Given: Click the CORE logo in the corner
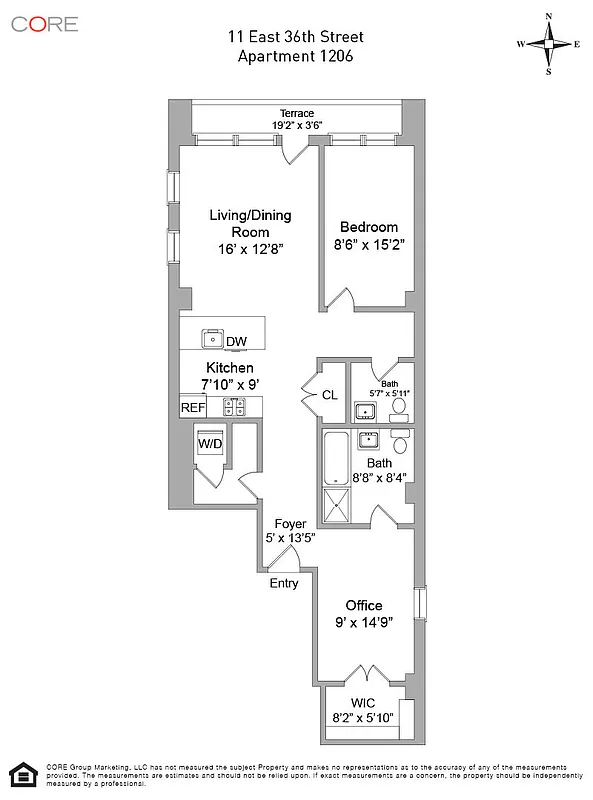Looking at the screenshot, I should [44, 23].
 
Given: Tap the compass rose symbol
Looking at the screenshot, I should [549, 44].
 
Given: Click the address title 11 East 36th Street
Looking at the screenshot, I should [296, 37].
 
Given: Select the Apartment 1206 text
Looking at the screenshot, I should [296, 56].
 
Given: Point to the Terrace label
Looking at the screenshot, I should [296, 113].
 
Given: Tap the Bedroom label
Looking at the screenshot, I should [368, 227].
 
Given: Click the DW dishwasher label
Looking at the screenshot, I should [236, 342].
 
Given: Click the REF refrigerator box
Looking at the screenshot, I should [192, 407].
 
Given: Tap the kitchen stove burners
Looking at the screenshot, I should [234, 406].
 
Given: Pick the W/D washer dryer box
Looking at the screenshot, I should [210, 442].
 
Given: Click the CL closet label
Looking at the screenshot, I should [329, 395].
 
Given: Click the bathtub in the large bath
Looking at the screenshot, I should [336, 461].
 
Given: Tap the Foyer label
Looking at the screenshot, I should [290, 524].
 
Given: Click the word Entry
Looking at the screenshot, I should [284, 583].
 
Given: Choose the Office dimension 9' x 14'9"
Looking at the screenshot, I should [364, 622].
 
